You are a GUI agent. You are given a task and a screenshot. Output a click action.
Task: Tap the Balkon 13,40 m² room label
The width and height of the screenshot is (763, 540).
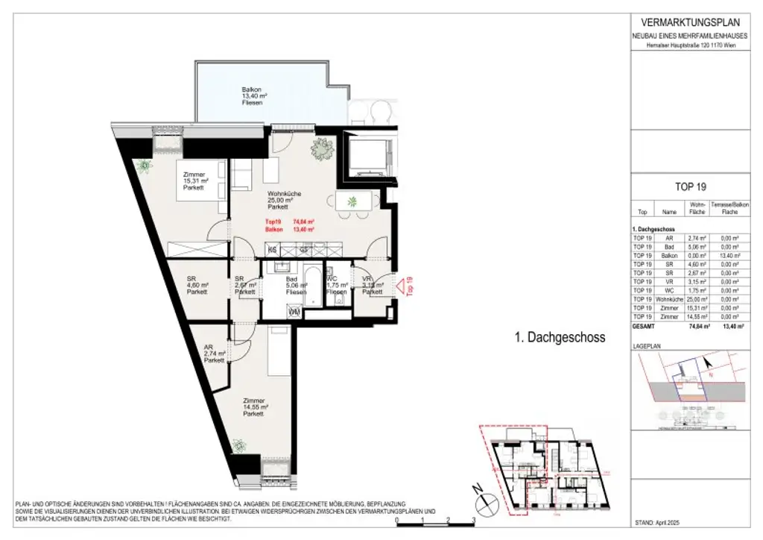(x=251, y=96)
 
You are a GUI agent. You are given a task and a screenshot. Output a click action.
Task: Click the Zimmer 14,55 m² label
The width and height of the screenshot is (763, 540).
(x=253, y=407)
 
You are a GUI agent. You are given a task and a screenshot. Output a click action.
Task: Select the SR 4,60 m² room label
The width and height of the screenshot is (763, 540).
(x=197, y=286)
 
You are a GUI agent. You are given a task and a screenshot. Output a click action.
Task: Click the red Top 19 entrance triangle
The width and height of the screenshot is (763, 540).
(x=403, y=285)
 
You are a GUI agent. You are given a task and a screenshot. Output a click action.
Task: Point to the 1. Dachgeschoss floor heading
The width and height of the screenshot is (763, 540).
(x=560, y=338)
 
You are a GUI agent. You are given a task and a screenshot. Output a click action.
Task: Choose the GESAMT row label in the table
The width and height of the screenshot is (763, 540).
(x=643, y=327)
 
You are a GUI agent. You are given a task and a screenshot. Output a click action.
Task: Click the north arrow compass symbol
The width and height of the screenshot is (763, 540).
(x=478, y=490)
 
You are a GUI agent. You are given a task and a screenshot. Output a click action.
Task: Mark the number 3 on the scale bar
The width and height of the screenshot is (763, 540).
(x=473, y=521)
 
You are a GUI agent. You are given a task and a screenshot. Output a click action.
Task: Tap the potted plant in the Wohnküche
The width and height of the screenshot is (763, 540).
(x=323, y=149)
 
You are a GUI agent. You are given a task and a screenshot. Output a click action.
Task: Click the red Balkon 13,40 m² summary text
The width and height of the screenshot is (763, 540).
(x=289, y=230)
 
